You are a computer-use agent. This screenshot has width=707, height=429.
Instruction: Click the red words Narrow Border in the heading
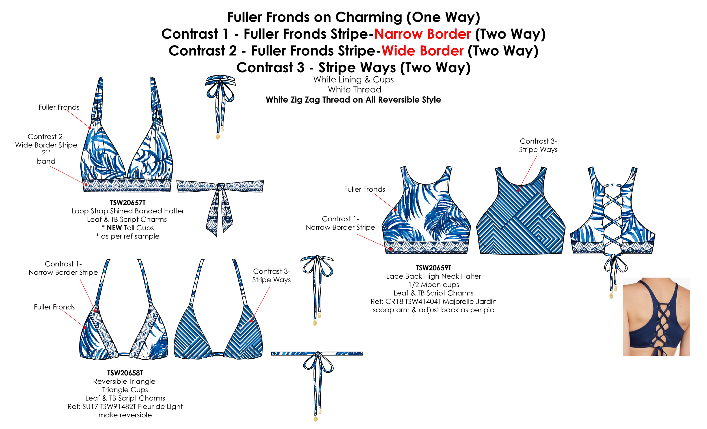(x=423, y=34)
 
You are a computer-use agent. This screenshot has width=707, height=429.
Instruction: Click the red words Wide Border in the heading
(x=423, y=51)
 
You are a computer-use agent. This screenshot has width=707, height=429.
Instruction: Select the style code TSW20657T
(x=128, y=203)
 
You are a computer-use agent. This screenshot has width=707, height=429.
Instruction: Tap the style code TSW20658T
(x=125, y=373)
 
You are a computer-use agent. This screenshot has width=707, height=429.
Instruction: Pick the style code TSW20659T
(x=433, y=268)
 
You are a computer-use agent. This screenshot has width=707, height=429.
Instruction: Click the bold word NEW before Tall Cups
(x=114, y=228)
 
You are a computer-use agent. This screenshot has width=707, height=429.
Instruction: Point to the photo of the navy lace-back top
(x=656, y=317)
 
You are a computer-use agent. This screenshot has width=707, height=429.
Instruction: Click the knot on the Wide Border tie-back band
(x=221, y=187)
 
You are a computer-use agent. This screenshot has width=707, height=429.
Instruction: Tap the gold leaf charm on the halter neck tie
(x=218, y=136)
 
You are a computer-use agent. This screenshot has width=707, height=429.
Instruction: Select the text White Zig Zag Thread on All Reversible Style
(x=353, y=100)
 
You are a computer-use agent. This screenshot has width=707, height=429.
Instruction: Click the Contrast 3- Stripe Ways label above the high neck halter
(x=538, y=145)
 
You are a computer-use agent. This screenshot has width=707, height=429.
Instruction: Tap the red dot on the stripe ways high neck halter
(x=518, y=191)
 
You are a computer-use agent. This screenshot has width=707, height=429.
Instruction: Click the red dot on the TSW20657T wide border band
(x=86, y=185)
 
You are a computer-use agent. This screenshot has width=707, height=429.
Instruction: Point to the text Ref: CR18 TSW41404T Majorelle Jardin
(x=433, y=302)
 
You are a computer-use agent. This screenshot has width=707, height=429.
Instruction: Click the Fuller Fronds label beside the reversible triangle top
(x=54, y=307)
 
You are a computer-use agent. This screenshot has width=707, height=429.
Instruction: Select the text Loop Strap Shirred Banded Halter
(x=128, y=211)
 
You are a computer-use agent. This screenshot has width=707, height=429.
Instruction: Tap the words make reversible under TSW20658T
(x=125, y=415)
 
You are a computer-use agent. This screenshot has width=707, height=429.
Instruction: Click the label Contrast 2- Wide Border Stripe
(x=46, y=141)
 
